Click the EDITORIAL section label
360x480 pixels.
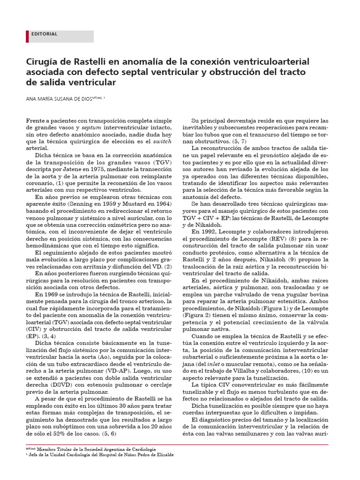click(x=44, y=34)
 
